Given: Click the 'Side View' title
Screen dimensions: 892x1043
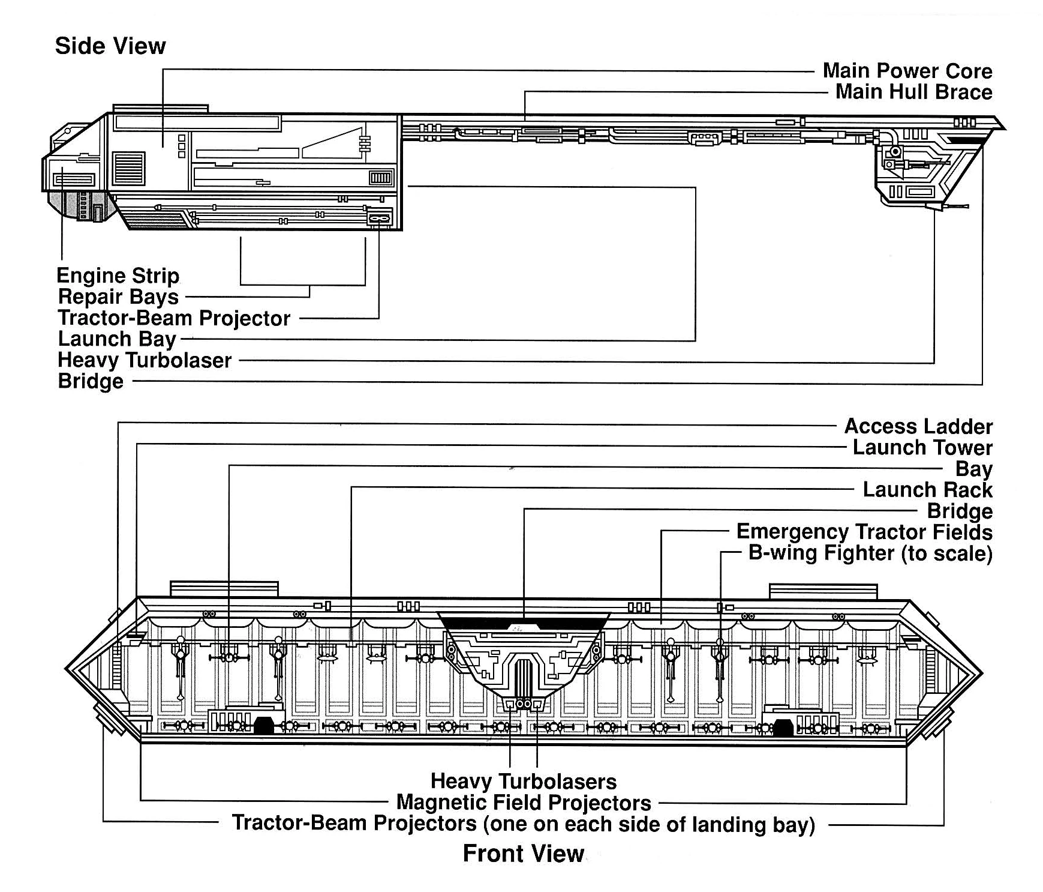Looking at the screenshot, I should tap(110, 46).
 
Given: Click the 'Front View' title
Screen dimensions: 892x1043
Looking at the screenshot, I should tap(523, 853).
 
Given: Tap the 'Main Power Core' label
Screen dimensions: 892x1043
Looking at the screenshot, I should tap(907, 71).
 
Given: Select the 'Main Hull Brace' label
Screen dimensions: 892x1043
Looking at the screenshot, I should tap(913, 92).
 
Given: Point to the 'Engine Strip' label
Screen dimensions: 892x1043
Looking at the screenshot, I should tap(118, 276).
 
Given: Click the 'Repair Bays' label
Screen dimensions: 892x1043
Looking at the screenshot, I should tap(118, 297).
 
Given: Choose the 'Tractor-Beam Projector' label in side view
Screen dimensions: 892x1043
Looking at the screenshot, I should tap(174, 318).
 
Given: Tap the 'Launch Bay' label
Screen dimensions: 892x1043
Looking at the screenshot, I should tap(117, 339).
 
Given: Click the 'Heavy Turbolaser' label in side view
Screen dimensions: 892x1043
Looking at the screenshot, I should tap(145, 360).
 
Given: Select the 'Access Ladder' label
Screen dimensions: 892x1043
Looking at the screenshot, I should tap(918, 426).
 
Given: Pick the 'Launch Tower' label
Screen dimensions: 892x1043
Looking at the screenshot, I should tap(922, 447).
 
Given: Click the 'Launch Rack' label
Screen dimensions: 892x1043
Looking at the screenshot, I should tap(927, 490).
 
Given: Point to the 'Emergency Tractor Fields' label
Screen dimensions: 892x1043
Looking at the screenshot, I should tap(864, 532).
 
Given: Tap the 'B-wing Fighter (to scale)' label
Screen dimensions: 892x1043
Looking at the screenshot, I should tap(870, 553).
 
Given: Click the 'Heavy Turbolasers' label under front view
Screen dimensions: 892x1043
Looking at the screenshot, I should tap(523, 782).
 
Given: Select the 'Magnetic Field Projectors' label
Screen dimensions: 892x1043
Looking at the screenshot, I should tap(523, 803).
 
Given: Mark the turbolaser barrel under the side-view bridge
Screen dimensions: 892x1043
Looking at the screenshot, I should tap(954, 206).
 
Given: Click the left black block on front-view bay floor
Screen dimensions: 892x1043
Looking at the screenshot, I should tap(263, 725).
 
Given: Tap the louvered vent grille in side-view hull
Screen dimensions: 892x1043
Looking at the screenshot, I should tap(128, 169).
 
